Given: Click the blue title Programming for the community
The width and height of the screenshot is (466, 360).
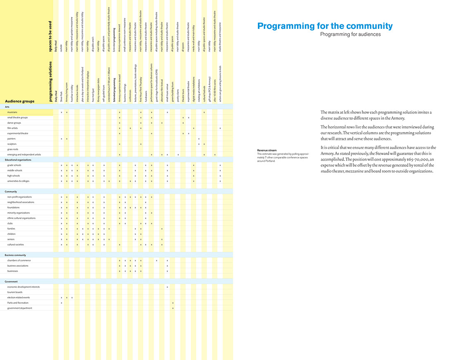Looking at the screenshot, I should pos(325,26).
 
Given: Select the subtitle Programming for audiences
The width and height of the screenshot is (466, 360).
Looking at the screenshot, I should pos(350,34).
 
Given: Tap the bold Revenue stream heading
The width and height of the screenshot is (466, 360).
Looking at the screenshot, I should pos(267,150).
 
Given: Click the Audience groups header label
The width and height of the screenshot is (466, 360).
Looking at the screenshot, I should pos(20,101).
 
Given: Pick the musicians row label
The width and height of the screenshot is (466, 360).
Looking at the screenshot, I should pos(12,112).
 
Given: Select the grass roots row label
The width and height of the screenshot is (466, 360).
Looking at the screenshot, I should pos(13,149).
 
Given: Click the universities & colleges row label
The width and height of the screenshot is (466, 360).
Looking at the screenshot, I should pos(18,181).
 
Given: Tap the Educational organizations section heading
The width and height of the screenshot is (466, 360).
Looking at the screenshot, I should pos(18,160).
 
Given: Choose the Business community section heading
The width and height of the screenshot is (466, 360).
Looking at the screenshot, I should pos(15,255).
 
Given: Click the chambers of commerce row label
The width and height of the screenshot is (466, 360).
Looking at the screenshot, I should pos(19,261).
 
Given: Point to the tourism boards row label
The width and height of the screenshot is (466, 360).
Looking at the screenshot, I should pos(14,292).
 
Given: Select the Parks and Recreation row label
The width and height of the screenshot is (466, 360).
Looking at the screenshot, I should pos(18,303).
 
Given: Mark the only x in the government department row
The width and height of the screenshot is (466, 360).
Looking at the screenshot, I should pos(173,308).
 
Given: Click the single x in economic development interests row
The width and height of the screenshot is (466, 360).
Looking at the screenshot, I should pos(167,287).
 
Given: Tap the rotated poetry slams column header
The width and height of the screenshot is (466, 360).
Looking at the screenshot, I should pos(178,95).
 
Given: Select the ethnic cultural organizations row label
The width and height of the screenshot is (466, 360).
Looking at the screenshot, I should pos(21,218).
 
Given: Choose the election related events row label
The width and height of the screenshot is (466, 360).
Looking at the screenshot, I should pos(19,297).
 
